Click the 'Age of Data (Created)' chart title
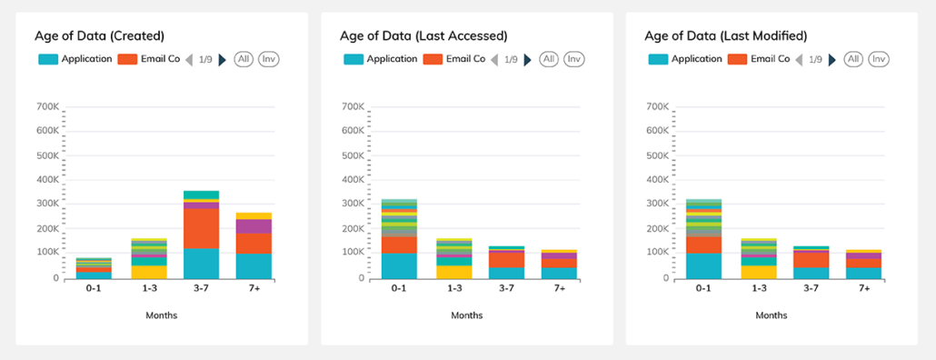(100, 36)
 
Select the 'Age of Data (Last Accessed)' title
(423, 36)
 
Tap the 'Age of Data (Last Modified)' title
(725, 36)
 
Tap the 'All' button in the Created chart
(244, 59)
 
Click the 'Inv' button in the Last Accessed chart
(573, 59)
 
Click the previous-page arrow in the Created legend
(190, 60)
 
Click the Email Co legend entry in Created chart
(149, 59)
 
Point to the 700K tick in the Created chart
(47, 107)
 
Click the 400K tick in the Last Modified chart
(657, 180)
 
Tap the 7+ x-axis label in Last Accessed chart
(559, 288)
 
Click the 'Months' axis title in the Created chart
(161, 315)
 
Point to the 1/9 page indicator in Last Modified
(815, 60)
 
